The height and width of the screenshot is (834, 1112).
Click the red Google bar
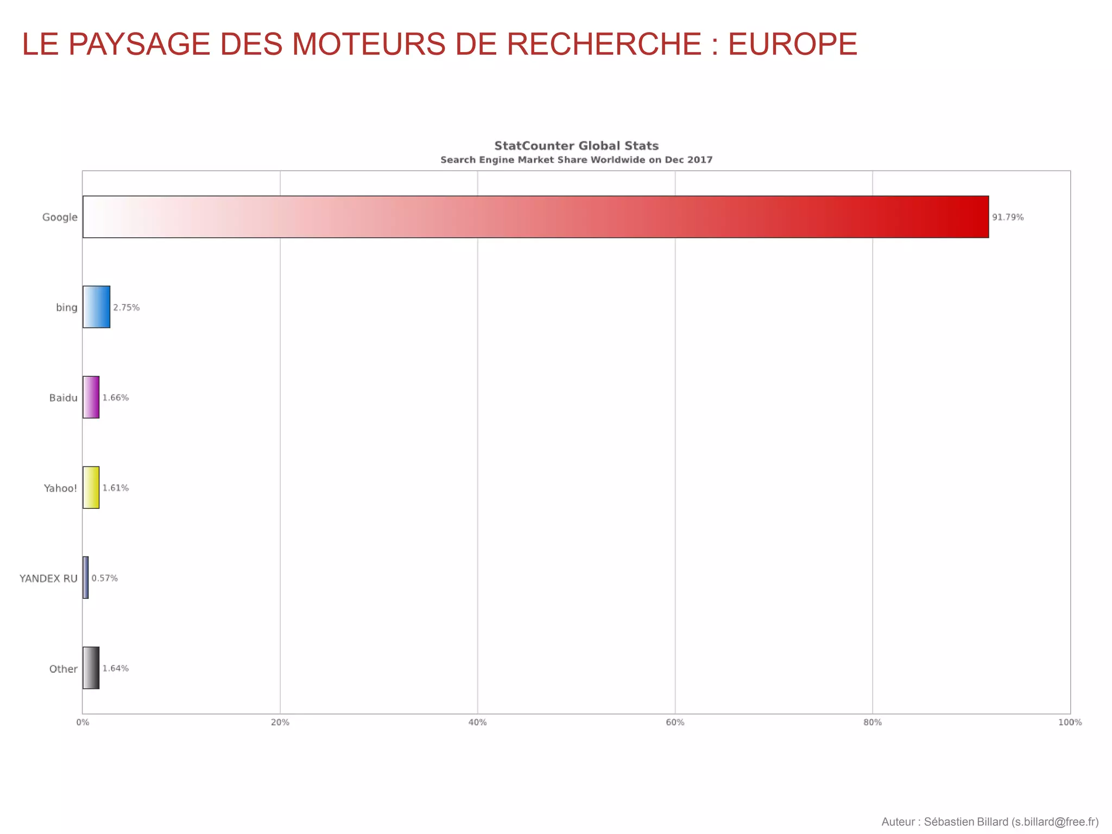[x=535, y=217]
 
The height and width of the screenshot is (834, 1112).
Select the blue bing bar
[x=96, y=307]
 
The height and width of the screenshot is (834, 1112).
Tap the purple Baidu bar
[x=91, y=397]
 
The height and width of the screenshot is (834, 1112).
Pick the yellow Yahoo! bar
[x=91, y=487]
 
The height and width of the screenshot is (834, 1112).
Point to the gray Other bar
[x=91, y=668]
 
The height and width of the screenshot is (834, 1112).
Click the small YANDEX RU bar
[x=86, y=578]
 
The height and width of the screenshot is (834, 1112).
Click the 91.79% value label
[x=1008, y=217]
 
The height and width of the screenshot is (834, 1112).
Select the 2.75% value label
[x=126, y=307]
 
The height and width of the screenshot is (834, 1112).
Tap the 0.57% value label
[x=104, y=578]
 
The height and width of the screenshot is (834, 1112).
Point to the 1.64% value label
[x=116, y=668]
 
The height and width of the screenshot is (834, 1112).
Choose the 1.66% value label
[x=116, y=397]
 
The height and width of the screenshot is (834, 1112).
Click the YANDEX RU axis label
[x=48, y=578]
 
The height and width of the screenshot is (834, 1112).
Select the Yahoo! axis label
[x=60, y=488]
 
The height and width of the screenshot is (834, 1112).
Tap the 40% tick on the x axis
[x=477, y=722]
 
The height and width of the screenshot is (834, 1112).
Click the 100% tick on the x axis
[x=1070, y=722]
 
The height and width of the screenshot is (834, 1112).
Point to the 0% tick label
[x=83, y=722]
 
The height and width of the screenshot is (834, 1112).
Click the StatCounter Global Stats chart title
[x=576, y=146]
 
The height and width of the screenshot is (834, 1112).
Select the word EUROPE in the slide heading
[x=792, y=44]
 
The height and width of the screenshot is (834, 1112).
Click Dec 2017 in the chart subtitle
[x=688, y=160]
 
